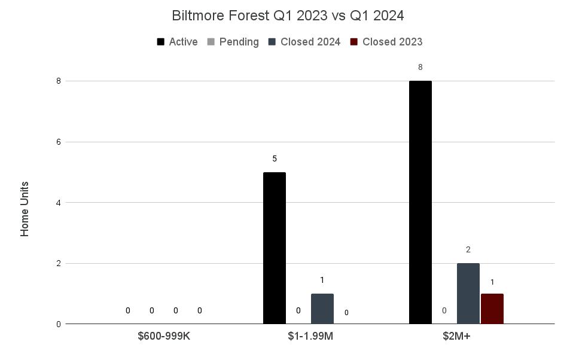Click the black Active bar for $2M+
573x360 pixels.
(420, 202)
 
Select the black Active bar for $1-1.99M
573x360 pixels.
(275, 248)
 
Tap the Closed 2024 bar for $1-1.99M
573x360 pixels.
(322, 309)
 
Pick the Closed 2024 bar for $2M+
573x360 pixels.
(468, 294)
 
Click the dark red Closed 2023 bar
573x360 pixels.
(492, 309)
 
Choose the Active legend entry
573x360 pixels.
(177, 42)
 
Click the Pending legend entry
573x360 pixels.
(233, 42)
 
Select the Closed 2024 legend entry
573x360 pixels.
(304, 42)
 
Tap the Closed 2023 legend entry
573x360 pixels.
(386, 42)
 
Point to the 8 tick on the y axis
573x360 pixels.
(59, 81)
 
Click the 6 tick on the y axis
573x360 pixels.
(59, 142)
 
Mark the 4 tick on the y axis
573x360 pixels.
(59, 203)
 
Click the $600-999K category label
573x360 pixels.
(164, 336)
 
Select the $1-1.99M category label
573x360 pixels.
(310, 336)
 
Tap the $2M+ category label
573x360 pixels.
(456, 336)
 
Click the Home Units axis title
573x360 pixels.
(25, 209)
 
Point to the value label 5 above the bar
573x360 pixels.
(275, 158)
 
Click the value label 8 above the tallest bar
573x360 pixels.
(420, 67)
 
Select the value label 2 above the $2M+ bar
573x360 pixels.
(468, 249)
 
